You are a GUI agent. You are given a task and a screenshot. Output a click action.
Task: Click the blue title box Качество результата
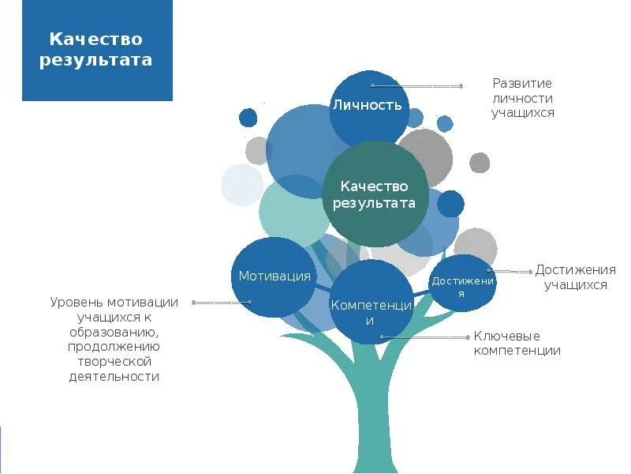(97, 50)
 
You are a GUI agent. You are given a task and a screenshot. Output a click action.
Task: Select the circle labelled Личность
(367, 104)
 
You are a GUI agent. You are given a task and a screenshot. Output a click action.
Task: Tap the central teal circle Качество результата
(374, 194)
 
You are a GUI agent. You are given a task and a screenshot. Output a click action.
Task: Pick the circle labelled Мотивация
(274, 276)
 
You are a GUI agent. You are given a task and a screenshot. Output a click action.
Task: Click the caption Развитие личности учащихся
(522, 98)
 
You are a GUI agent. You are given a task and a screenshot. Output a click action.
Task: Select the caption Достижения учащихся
(575, 277)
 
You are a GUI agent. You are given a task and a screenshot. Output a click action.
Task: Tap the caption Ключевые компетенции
(517, 344)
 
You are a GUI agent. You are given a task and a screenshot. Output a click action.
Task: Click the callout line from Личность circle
(417, 85)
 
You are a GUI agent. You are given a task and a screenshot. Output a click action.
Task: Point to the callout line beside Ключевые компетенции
(426, 337)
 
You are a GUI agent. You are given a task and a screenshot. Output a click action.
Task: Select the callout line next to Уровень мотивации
(222, 303)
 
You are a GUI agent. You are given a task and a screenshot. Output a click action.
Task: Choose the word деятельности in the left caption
(114, 376)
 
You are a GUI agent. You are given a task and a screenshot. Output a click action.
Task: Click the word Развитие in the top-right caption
(522, 83)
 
